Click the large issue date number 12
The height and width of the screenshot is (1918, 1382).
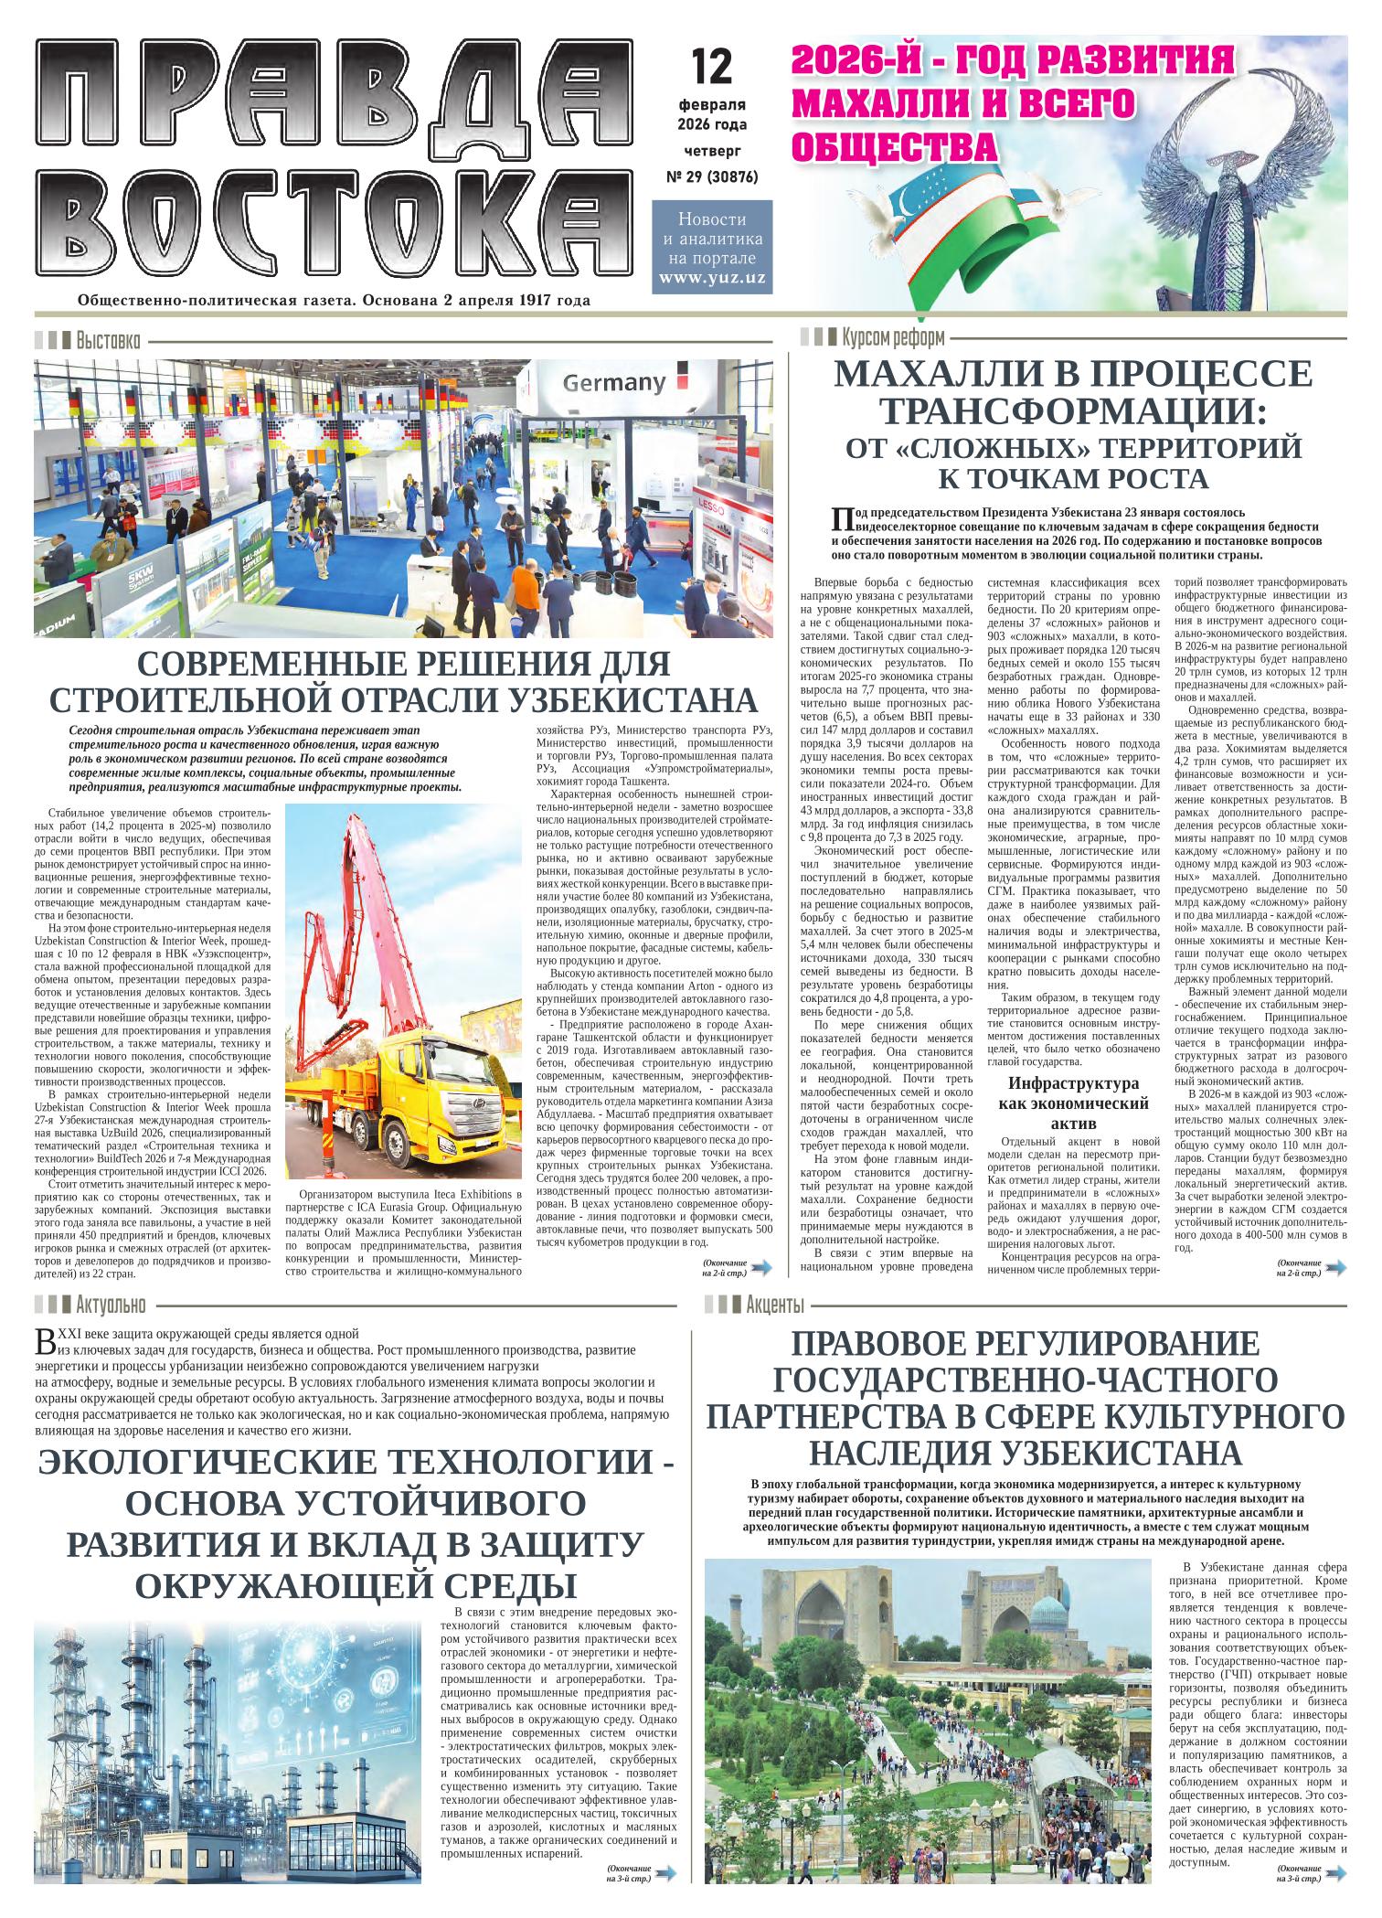pos(712,66)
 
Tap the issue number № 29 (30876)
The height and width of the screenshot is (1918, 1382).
pos(712,176)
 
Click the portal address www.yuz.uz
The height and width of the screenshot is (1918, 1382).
pos(712,278)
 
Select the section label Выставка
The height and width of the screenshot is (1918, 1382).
pos(108,342)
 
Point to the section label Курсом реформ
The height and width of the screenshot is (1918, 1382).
pos(893,336)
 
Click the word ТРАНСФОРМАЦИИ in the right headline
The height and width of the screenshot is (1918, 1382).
pos(1074,413)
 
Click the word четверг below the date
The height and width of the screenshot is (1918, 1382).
pos(712,148)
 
